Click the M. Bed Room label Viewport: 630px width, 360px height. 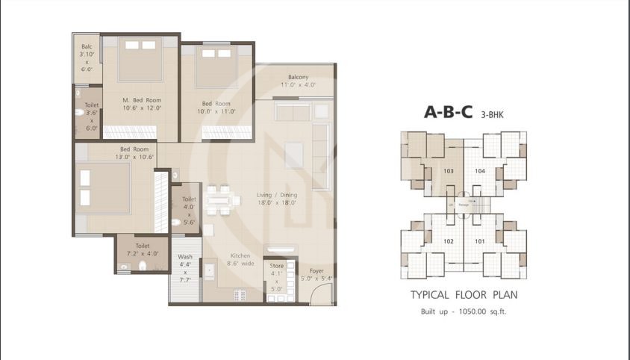coord(142,104)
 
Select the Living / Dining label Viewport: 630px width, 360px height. coord(256,197)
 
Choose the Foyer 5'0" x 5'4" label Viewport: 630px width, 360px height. coord(316,274)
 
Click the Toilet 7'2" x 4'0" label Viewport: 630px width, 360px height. coord(143,249)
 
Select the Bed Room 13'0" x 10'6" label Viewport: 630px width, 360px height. coord(114,153)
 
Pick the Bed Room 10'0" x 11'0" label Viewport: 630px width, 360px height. coord(216,108)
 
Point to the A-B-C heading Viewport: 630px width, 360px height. coord(449,113)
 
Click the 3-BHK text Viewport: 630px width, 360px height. coord(492,114)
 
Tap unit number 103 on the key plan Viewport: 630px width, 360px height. coord(448,171)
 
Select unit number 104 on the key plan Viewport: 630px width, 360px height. coord(479,171)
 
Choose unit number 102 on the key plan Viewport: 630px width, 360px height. coord(448,241)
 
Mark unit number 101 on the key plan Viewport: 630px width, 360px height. coord(479,241)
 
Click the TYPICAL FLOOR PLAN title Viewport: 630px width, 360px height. coord(464,295)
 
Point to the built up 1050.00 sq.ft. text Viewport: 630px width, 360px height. coord(464,311)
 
